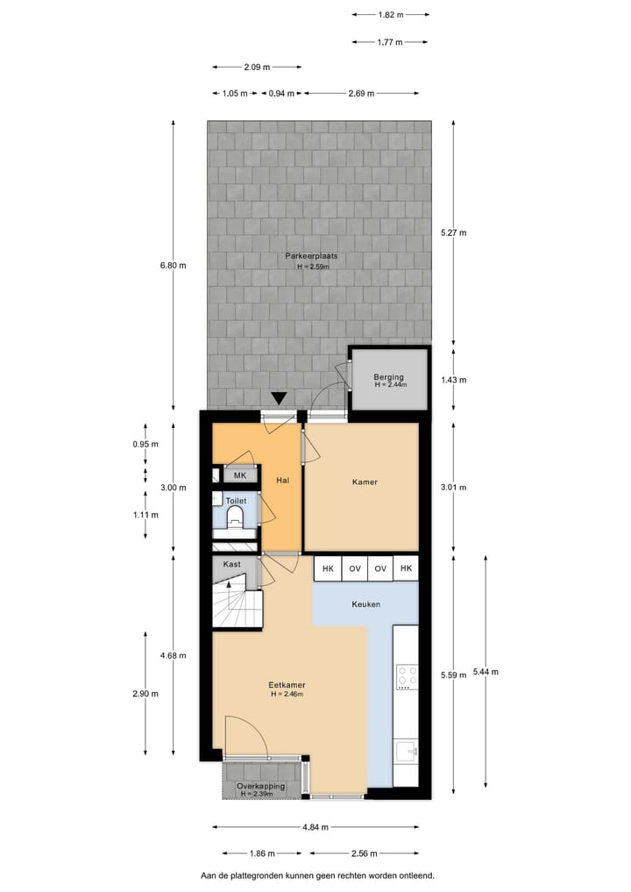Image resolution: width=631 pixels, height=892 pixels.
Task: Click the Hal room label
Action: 282,481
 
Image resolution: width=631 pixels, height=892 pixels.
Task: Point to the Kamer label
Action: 365,482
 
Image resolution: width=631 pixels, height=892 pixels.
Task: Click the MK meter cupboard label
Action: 239,475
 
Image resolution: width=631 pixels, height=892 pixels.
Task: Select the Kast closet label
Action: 232,564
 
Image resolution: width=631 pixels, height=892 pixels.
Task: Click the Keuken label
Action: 365,604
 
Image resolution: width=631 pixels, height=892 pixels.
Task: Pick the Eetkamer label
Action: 287,685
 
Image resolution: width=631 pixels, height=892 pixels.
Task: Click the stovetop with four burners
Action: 406,676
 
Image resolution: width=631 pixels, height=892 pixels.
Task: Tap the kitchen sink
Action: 406,750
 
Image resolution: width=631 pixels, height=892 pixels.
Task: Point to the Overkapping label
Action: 260,786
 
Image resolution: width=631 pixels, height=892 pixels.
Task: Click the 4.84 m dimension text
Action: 315,826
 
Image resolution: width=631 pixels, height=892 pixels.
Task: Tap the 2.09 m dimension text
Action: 256,67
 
